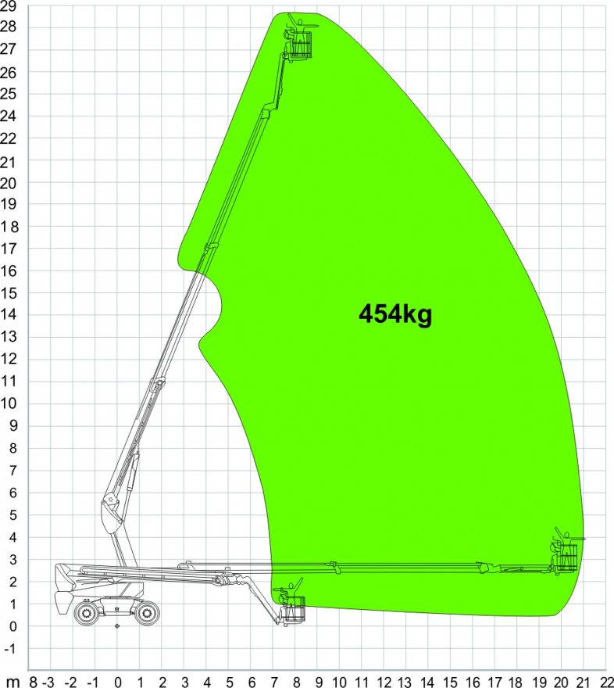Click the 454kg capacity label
[x=395, y=314]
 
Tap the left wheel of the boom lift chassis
[x=87, y=612]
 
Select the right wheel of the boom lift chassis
[x=147, y=612]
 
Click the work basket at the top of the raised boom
[x=301, y=44]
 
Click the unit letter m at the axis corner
[x=13, y=682]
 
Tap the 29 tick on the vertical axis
[x=8, y=6]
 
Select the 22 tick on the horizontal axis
[x=606, y=682]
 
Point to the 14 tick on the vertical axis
[x=8, y=314]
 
